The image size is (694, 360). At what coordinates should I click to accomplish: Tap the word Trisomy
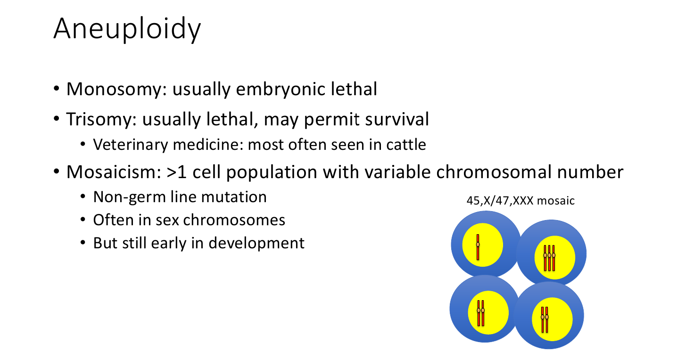click(101, 120)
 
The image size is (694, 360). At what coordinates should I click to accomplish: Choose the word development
click(256, 243)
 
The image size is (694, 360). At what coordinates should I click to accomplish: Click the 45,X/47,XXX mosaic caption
click(520, 201)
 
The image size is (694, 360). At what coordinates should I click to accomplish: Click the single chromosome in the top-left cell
click(478, 247)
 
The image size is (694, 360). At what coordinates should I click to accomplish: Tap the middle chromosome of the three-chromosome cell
click(549, 258)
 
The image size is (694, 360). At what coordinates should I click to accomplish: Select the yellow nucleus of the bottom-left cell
click(488, 312)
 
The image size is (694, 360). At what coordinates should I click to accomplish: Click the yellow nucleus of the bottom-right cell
click(552, 319)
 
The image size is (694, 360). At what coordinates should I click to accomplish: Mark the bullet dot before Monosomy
click(57, 89)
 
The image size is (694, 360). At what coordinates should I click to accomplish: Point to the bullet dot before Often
click(83, 220)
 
